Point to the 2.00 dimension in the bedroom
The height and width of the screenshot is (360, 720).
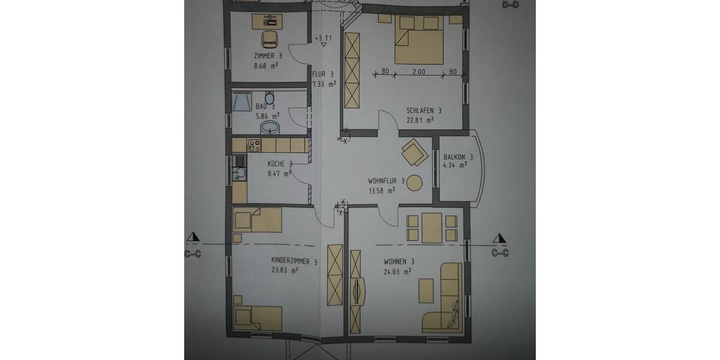pyautogui.click(x=419, y=72)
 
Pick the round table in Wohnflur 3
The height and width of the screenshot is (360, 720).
pyautogui.click(x=415, y=182)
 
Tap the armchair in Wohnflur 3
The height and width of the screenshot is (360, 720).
pyautogui.click(x=414, y=151)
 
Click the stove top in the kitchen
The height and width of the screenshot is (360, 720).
pyautogui.click(x=254, y=145)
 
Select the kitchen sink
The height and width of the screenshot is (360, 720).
pyautogui.click(x=240, y=173)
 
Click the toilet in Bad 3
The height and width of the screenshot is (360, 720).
pyautogui.click(x=269, y=98)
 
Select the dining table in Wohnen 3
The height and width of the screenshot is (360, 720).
pyautogui.click(x=431, y=228)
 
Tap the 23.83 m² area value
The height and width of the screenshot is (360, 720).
pyautogui.click(x=286, y=271)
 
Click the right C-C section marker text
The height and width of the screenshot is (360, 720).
pyautogui.click(x=500, y=253)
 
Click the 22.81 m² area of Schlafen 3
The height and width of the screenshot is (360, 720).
pyautogui.click(x=420, y=119)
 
